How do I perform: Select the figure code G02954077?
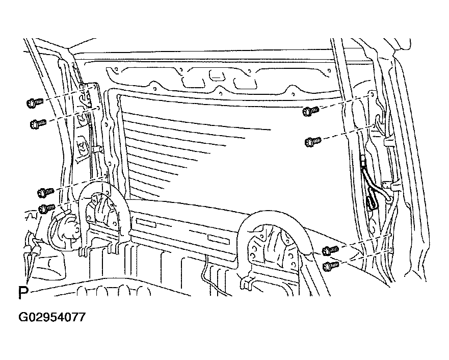(x=52, y=317)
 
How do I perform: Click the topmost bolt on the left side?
(x=35, y=102)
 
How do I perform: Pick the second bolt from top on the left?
(x=38, y=124)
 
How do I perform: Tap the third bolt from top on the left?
(x=46, y=192)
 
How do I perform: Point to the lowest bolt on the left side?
(x=47, y=208)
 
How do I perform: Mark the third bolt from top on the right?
(x=330, y=250)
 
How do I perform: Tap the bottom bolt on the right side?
(x=331, y=266)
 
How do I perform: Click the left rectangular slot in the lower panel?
(x=146, y=223)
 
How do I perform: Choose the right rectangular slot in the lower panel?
(x=219, y=240)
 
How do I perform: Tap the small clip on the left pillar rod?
(x=96, y=148)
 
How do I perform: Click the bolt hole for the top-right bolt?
(x=372, y=93)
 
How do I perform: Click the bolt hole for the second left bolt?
(x=98, y=108)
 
